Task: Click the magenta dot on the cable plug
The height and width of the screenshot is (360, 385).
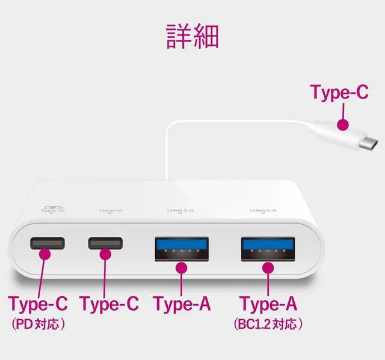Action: pyautogui.click(x=342, y=125)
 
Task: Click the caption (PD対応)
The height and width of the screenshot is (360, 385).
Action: pyautogui.click(x=38, y=325)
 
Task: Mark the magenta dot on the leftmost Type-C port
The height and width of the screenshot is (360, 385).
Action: pyautogui.click(x=45, y=254)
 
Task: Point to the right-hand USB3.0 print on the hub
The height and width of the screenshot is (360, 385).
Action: pyautogui.click(x=263, y=210)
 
